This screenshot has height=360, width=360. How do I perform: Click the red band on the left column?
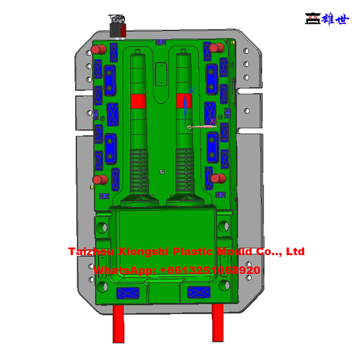click(139, 101)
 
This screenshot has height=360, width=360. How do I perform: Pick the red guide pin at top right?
click(218, 48)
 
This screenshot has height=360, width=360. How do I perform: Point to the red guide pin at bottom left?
click(101, 180)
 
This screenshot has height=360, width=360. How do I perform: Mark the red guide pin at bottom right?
click(218, 178)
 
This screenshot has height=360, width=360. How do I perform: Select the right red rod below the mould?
click(218, 323)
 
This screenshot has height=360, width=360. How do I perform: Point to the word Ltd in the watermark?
click(295, 252)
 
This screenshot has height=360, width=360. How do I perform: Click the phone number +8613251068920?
click(210, 270)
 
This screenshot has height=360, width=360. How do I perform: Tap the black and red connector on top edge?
click(117, 26)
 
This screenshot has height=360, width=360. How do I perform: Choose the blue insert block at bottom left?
click(128, 293)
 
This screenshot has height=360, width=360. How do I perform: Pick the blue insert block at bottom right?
click(199, 292)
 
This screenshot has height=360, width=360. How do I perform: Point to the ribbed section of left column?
click(139, 169)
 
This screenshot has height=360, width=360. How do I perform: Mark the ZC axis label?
click(193, 91)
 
